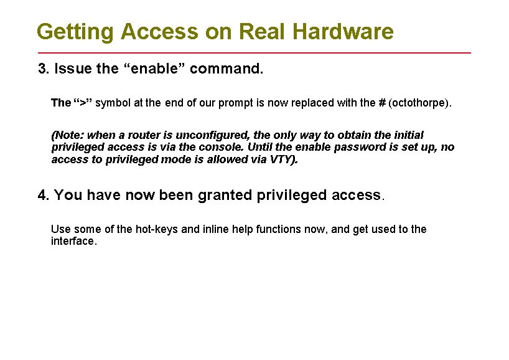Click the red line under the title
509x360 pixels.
click(x=254, y=53)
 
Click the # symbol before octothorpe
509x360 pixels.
click(x=381, y=102)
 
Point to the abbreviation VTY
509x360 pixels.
click(x=281, y=159)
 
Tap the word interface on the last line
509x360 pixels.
click(x=73, y=241)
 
